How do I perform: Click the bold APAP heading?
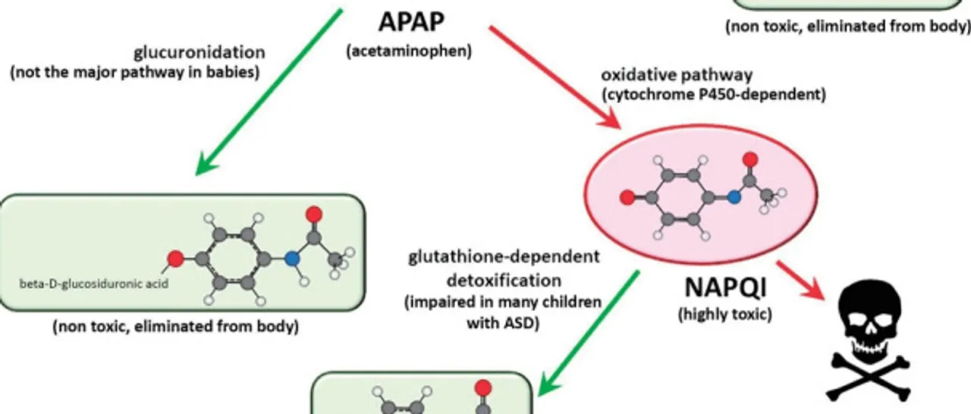tap(410, 22)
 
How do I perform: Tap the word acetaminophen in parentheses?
tap(410, 52)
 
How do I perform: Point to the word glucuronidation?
tap(200, 53)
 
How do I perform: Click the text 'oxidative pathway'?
tap(677, 75)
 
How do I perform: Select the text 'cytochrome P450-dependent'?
tap(713, 96)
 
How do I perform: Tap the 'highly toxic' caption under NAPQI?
tap(724, 313)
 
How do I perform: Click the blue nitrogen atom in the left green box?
tap(292, 258)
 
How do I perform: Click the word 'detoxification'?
tap(504, 280)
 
